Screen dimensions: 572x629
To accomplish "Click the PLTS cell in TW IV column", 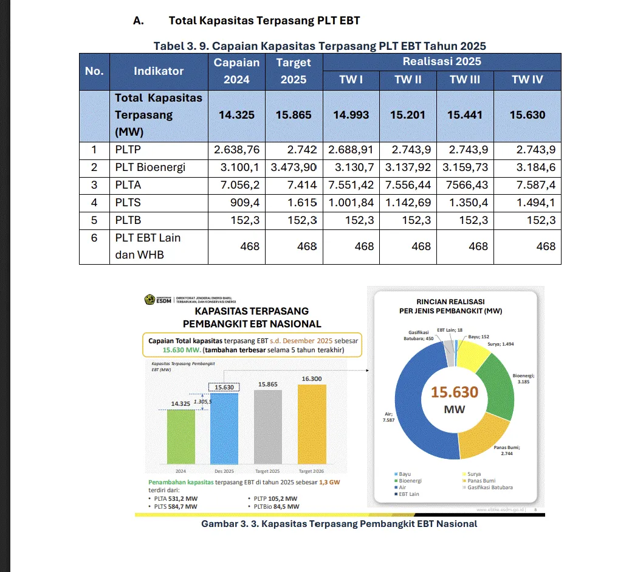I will pos(528,203).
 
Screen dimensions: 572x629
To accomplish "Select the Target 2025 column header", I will pos(293,71).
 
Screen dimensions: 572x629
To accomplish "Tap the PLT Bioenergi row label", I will pos(150,167).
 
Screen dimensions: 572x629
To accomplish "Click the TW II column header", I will pos(408,80).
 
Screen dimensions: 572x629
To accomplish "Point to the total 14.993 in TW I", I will pos(351,114).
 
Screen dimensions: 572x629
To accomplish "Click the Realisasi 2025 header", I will pos(441,61).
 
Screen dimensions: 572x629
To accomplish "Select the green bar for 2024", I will pos(180,438).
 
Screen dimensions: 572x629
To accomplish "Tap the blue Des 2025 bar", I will pos(224,432).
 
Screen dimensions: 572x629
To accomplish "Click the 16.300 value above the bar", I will pos(312,379).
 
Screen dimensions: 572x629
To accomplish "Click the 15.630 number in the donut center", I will pos(455,392).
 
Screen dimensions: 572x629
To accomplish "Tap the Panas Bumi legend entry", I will pos(481,481).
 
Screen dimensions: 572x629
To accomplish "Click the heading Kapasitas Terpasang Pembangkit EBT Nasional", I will pos(252,317).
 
